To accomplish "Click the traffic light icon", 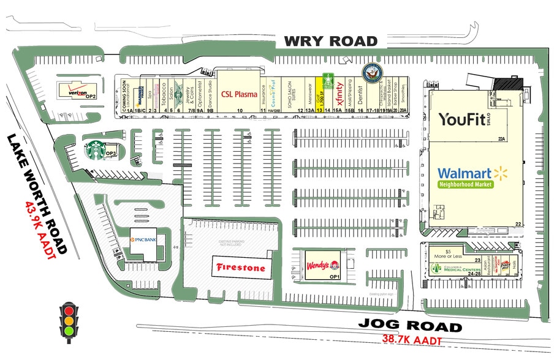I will point(69,321).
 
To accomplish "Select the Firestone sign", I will point(240,268).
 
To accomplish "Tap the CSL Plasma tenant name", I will point(239,94).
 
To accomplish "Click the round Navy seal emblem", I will point(372,72).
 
